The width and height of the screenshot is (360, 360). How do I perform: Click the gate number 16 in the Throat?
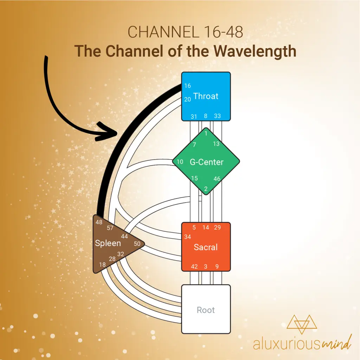pos(188,86)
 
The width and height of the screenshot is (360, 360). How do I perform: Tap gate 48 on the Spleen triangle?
pos(99,222)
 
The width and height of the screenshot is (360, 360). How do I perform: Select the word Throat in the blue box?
pos(206,96)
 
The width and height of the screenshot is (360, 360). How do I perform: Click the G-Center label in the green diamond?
pos(206,162)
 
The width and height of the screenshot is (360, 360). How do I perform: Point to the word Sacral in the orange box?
pos(205,247)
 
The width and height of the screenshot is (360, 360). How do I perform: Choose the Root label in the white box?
pos(206,310)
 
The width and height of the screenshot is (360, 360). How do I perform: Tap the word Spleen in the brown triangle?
pos(108,243)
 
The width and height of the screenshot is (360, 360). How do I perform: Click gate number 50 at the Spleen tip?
pos(137,244)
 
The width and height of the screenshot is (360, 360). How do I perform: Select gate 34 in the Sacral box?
pos(188,237)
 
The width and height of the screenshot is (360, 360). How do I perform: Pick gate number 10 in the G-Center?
pos(180,162)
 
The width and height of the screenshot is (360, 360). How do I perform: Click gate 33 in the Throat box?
pos(217,116)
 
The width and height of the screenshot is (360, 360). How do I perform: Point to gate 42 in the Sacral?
pos(194,266)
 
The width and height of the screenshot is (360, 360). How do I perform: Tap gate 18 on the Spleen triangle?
pos(102,264)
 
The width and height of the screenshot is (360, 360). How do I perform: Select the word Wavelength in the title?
pos(255,51)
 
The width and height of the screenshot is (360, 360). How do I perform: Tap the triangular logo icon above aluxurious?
pos(302,324)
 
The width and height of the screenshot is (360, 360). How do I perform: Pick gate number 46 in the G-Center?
pos(217,178)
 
